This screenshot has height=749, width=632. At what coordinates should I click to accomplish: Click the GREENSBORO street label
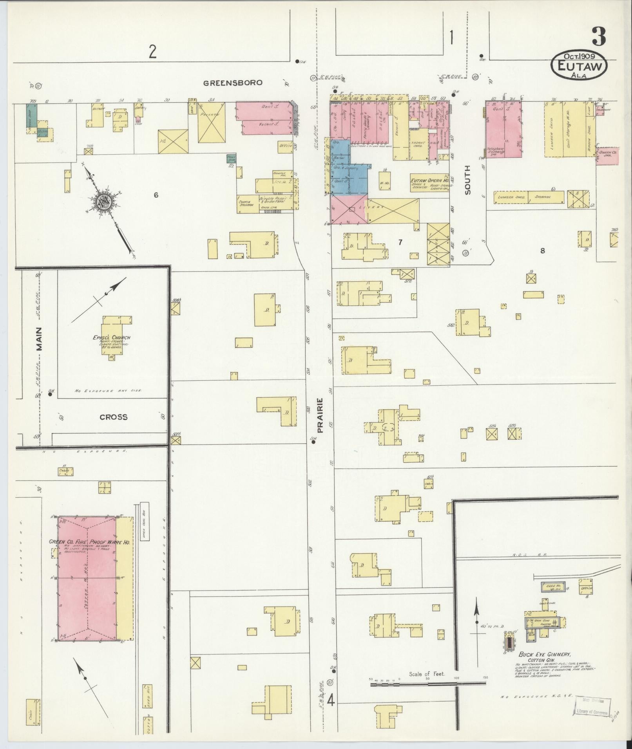pos(233,83)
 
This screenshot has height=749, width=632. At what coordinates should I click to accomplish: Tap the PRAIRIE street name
pos(320,416)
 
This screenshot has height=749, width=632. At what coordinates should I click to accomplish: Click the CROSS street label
pos(114,417)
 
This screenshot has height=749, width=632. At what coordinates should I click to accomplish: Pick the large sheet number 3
pos(599,37)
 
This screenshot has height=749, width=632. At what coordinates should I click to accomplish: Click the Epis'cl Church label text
pos(114,338)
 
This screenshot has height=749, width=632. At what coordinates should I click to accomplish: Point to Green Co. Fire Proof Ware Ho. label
pos(89,542)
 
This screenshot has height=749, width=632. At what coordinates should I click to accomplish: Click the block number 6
pos(156,195)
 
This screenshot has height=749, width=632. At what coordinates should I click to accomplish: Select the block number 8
pos(542,251)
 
